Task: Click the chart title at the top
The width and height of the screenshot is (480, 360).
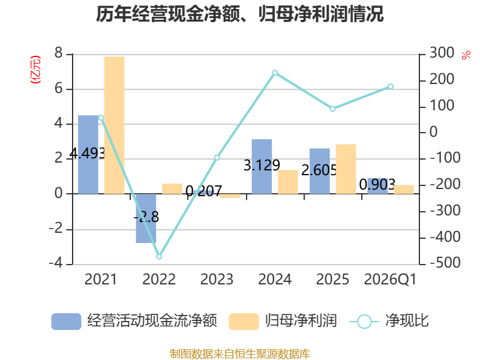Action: click(239, 14)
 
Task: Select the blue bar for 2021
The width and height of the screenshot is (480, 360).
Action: click(88, 155)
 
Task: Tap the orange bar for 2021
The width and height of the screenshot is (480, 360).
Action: click(114, 125)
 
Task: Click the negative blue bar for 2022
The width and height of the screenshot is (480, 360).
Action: click(146, 218)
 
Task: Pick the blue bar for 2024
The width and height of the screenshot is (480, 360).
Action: click(262, 167)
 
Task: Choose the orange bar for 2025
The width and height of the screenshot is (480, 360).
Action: click(346, 169)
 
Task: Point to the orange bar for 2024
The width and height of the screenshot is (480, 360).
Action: click(288, 182)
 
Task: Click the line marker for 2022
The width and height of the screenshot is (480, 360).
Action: click(159, 257)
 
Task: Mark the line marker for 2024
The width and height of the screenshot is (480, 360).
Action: click(275, 73)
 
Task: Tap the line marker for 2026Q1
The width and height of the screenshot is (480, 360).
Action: click(391, 86)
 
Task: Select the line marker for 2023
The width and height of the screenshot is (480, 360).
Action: click(217, 158)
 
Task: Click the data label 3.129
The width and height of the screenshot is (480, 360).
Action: click(262, 166)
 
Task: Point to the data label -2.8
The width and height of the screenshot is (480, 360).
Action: click(146, 217)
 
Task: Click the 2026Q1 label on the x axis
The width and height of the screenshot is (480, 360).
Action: click(391, 279)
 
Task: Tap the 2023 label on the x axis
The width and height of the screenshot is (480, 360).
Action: click(217, 279)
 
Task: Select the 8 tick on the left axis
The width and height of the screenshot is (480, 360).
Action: click(58, 53)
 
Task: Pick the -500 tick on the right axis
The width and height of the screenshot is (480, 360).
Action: click(445, 263)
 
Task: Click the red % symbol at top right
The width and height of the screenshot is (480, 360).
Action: click(466, 55)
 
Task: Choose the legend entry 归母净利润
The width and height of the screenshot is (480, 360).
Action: click(283, 321)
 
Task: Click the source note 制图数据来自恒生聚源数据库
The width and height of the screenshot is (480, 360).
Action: click(240, 353)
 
